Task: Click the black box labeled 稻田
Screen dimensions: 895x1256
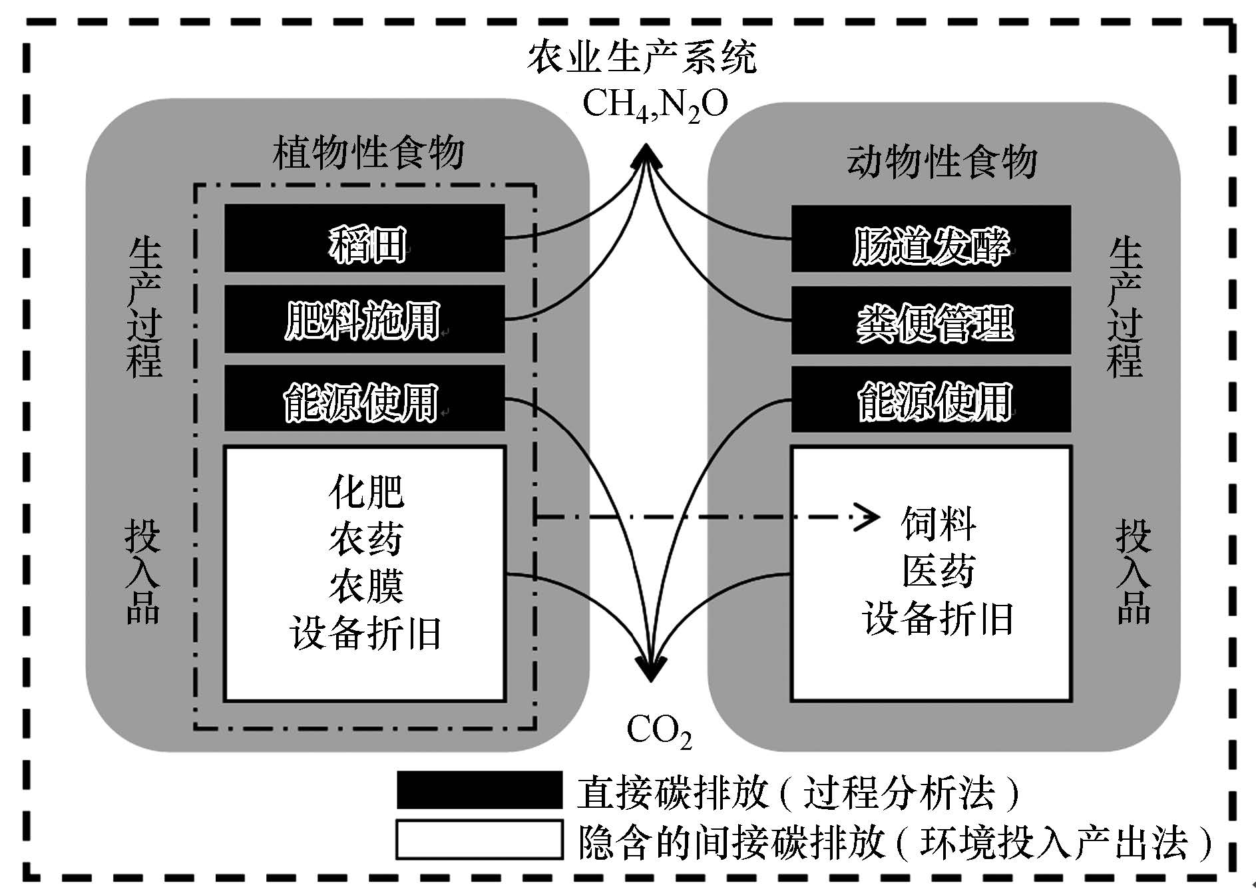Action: tap(364, 238)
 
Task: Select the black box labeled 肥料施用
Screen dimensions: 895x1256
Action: tap(364, 319)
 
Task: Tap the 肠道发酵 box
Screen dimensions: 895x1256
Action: tap(931, 239)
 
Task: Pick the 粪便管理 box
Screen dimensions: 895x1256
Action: tap(931, 320)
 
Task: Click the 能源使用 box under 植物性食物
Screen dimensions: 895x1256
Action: tap(364, 399)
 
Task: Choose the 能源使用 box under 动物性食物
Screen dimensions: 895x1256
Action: tap(931, 399)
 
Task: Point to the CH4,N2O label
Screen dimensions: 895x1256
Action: tap(655, 104)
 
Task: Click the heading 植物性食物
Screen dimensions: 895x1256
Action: tap(368, 152)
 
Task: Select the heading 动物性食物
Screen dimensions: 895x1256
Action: tap(941, 162)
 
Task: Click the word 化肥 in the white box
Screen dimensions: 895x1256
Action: tap(366, 492)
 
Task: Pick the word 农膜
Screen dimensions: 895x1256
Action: tap(366, 586)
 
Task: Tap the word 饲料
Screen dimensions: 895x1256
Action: tap(939, 524)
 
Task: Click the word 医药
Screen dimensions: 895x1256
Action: tap(939, 571)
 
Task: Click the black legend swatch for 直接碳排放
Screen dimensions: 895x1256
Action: tap(479, 790)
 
